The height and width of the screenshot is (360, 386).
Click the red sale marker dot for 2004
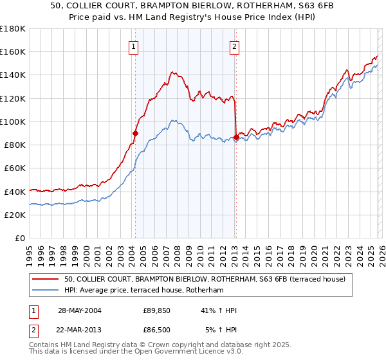(136, 133)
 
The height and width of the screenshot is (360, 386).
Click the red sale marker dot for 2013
(236, 137)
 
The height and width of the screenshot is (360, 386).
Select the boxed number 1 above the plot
(133, 46)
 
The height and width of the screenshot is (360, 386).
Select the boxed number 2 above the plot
(234, 46)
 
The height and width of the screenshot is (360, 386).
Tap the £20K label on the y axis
(15, 215)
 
